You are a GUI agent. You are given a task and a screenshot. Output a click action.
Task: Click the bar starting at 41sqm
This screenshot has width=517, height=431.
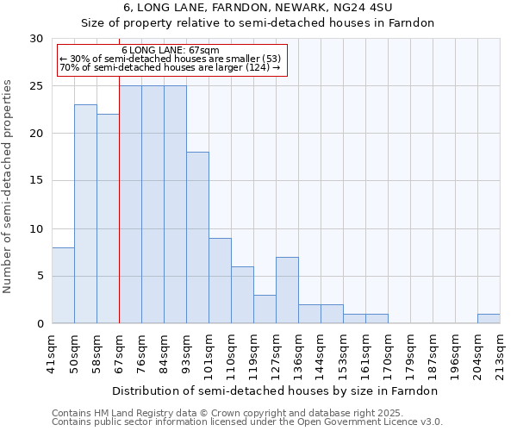tap(63, 285)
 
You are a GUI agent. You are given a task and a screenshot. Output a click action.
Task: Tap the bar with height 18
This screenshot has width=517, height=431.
tap(197, 238)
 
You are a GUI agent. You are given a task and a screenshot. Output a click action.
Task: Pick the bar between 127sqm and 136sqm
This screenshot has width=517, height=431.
tap(287, 290)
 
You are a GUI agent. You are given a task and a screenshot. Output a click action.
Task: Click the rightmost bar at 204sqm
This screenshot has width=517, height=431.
tap(489, 318)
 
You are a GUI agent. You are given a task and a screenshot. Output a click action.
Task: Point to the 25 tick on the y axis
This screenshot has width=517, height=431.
tap(36, 86)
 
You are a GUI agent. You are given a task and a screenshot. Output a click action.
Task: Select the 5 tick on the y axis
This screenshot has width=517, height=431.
tap(40, 277)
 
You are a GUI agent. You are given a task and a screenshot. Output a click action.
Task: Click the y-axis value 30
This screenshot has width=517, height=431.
tap(36, 39)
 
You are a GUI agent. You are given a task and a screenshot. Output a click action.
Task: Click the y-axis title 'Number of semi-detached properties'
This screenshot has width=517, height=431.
tap(9, 186)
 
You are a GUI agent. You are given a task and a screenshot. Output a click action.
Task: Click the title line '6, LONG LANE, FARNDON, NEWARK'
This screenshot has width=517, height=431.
tap(258, 7)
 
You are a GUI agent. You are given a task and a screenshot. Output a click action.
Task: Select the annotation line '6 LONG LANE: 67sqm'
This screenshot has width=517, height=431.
tap(170, 50)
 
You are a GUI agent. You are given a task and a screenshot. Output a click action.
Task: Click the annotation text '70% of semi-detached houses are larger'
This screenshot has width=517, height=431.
tap(170, 67)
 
